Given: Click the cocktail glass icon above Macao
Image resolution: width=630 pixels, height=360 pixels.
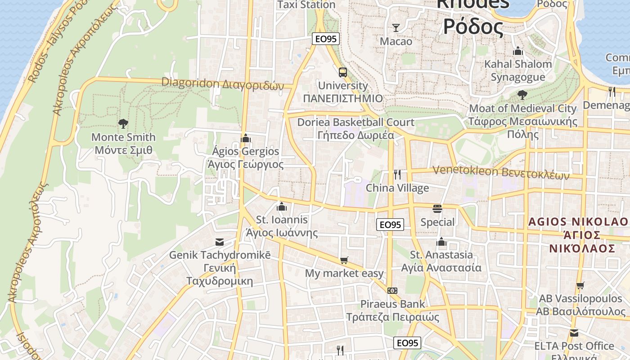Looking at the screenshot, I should (396, 28).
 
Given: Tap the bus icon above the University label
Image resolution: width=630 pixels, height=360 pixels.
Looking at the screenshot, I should (343, 72).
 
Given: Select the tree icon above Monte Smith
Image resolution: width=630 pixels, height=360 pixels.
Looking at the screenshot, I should (123, 124).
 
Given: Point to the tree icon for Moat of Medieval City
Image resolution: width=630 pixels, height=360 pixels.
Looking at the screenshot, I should (522, 95).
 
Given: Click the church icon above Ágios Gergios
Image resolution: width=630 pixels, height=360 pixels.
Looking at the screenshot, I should (246, 138).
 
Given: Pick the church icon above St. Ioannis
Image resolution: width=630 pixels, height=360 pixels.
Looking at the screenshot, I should (282, 207).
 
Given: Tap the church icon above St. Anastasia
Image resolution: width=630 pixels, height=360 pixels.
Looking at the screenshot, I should (441, 242).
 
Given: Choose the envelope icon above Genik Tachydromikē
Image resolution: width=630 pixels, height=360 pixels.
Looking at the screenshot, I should (220, 242).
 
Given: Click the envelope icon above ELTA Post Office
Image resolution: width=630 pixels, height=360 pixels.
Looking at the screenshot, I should (574, 333).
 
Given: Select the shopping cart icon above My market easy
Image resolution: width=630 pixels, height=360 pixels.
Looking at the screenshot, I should (344, 260).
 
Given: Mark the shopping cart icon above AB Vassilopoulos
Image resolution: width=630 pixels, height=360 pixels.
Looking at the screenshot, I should (580, 285).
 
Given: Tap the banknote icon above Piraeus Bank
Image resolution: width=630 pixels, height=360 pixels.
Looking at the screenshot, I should (392, 291).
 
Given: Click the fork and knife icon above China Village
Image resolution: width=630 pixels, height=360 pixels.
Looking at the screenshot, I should (397, 174).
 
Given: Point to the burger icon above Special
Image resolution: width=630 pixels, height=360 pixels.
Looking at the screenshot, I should (437, 209).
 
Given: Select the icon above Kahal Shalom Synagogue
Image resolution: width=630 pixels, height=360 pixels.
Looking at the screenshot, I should (518, 51).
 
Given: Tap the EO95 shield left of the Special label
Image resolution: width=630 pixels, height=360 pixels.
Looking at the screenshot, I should (390, 225).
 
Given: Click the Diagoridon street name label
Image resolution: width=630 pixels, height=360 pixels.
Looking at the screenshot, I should (223, 84).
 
